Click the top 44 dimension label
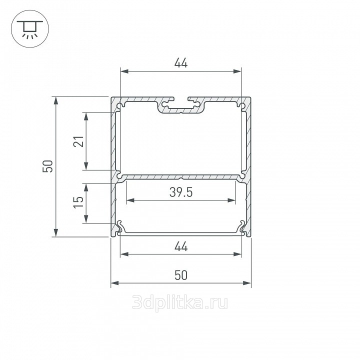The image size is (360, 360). pyautogui.click(x=181, y=63)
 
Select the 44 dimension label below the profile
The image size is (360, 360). pyautogui.click(x=181, y=246)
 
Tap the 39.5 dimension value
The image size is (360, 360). pyautogui.click(x=181, y=192)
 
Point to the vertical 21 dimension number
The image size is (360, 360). pyautogui.click(x=79, y=141)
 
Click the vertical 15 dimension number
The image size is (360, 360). pyautogui.click(x=79, y=202)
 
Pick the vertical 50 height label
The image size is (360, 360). pyautogui.click(x=48, y=166)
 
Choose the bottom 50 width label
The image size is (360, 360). pyautogui.click(x=181, y=275)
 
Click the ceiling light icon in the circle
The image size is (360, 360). pyautogui.click(x=30, y=29)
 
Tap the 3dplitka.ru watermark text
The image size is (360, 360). pyautogui.click(x=180, y=302)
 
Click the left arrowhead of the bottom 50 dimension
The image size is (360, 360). pyautogui.click(x=115, y=283)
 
